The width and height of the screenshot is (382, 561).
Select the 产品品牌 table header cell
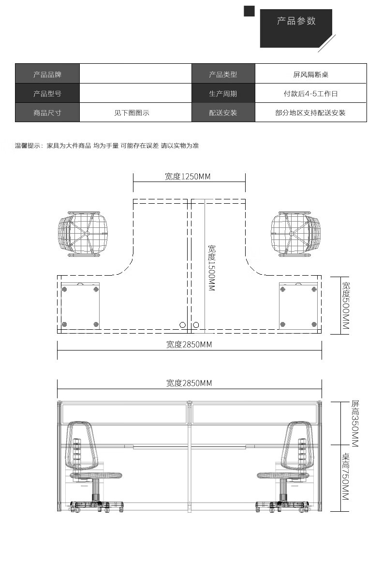[x=47, y=75]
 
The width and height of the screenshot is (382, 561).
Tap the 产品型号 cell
[x=47, y=94]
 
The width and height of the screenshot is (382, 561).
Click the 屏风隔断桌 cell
[x=310, y=75]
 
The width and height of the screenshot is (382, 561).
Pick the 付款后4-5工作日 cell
[x=310, y=94]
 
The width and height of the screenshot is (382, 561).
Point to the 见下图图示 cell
[x=132, y=113]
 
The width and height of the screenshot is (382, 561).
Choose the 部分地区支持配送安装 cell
[x=310, y=113]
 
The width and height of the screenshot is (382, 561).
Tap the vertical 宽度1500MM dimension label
[x=211, y=267]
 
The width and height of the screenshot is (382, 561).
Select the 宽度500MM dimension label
[x=346, y=306]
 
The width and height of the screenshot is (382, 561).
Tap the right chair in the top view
[x=295, y=234]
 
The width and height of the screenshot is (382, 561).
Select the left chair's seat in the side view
[x=97, y=476]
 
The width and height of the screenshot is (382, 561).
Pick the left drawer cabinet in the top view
[x=80, y=306]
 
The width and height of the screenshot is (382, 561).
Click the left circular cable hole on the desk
[x=183, y=325]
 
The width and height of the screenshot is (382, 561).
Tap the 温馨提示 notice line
[x=107, y=145]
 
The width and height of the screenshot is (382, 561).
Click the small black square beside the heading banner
[x=249, y=11]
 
